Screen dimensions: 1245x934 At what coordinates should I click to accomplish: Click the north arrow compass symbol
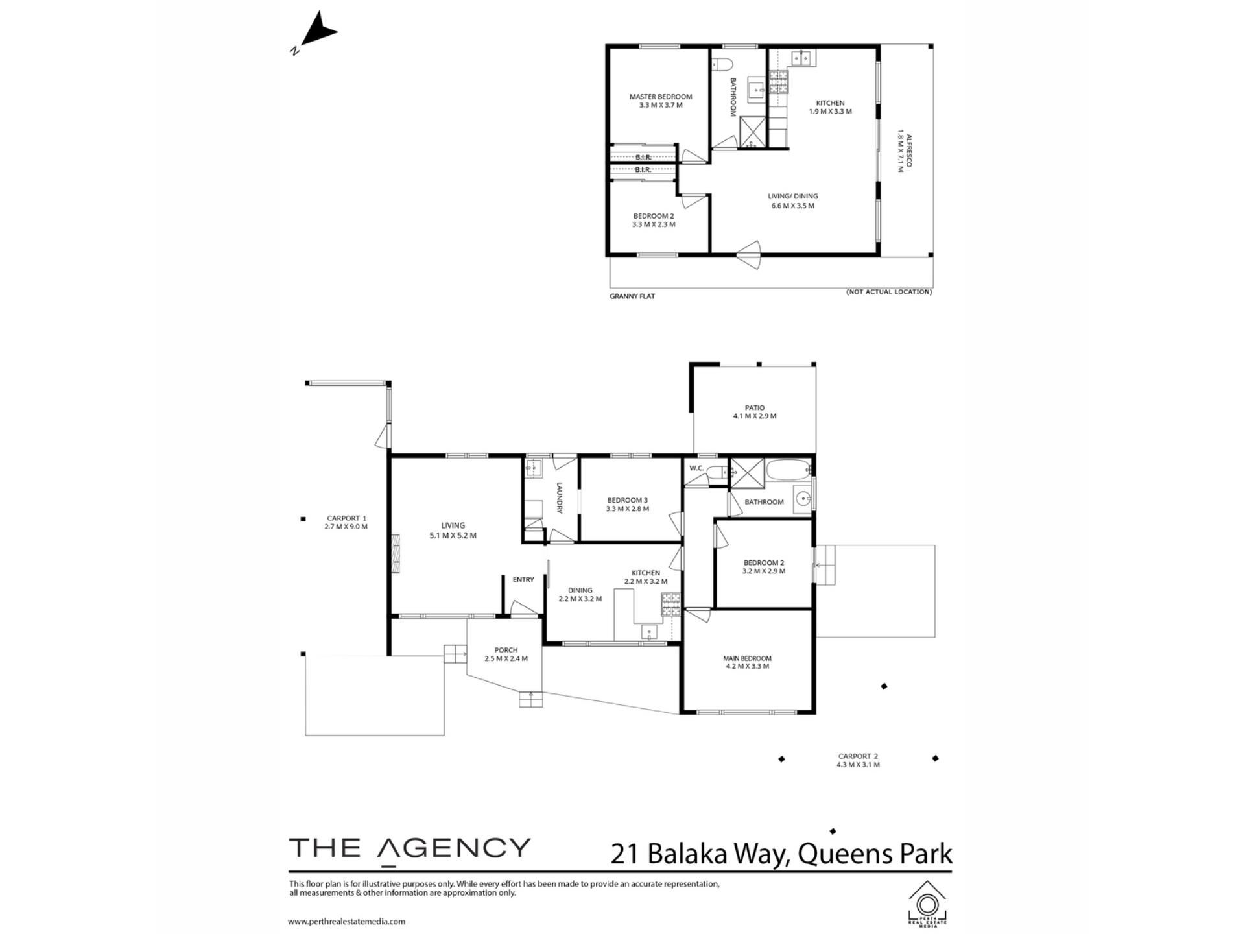pyautogui.click(x=315, y=32)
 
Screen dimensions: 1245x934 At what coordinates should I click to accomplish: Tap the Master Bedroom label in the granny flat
pyautogui.click(x=661, y=97)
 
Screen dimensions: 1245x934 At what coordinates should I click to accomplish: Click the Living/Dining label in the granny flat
pyautogui.click(x=792, y=196)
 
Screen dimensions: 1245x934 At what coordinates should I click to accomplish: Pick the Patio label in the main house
pyautogui.click(x=755, y=408)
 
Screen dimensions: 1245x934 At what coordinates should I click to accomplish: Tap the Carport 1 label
pyautogui.click(x=346, y=518)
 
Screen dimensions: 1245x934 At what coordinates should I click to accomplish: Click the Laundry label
pyautogui.click(x=559, y=498)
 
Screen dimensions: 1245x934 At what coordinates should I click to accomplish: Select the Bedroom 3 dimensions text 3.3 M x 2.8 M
pyautogui.click(x=628, y=509)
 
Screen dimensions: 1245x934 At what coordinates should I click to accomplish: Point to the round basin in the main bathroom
pyautogui.click(x=805, y=499)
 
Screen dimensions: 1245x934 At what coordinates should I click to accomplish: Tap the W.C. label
pyautogui.click(x=696, y=468)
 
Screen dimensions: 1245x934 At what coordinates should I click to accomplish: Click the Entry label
pyautogui.click(x=523, y=580)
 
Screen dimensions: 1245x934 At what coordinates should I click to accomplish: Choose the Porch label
pyautogui.click(x=506, y=650)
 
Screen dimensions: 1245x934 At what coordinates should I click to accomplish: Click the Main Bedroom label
pyautogui.click(x=748, y=658)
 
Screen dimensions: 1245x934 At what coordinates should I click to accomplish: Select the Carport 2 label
pyautogui.click(x=858, y=756)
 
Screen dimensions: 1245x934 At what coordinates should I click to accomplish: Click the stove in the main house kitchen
pyautogui.click(x=670, y=605)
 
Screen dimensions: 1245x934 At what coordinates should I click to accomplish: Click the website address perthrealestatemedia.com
pyautogui.click(x=347, y=921)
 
